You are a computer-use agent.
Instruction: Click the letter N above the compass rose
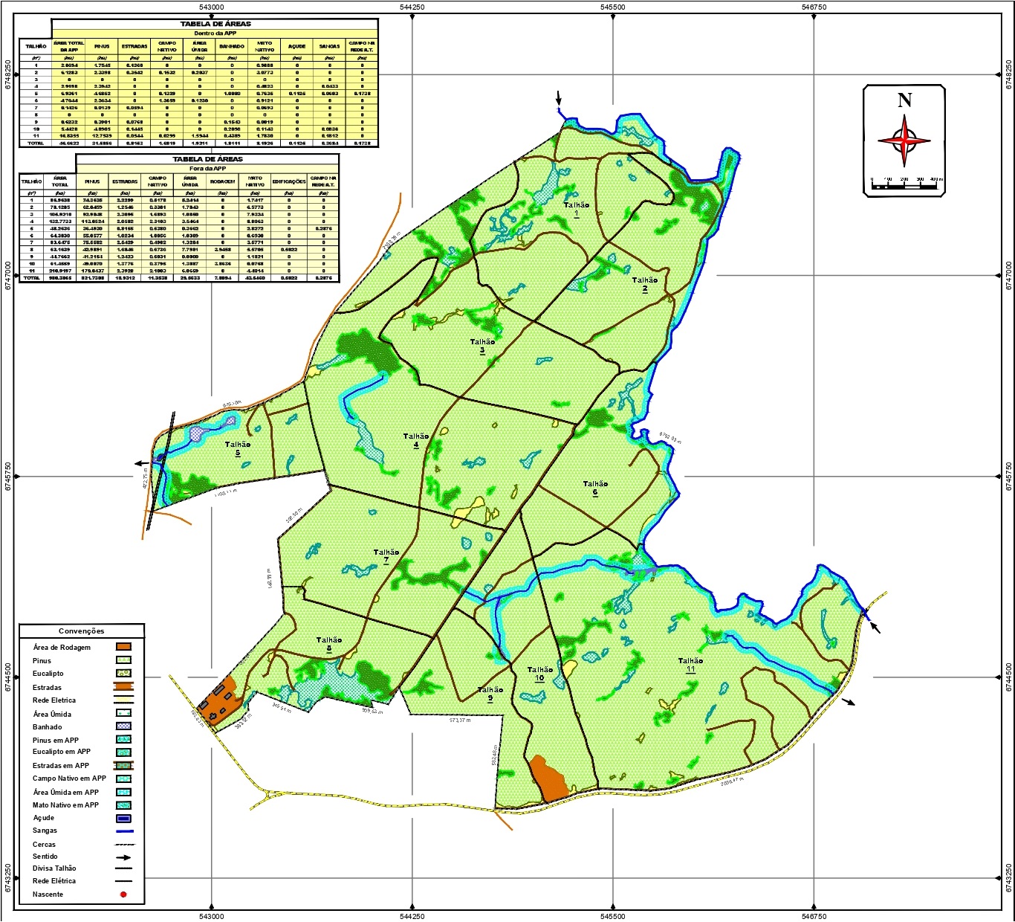click(x=904, y=100)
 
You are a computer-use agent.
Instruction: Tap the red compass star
click(x=904, y=140)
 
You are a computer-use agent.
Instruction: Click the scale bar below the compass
click(x=904, y=186)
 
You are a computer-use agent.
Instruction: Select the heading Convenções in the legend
click(x=82, y=631)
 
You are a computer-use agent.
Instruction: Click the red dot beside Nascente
click(x=123, y=894)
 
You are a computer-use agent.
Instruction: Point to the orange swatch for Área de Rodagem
click(x=123, y=648)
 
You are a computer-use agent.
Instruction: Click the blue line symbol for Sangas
click(x=123, y=831)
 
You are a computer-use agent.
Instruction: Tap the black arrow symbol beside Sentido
click(x=123, y=857)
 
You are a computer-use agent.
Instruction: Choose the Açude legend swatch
click(x=123, y=819)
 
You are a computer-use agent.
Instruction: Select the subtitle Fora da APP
click(x=207, y=169)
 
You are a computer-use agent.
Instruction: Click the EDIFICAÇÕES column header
click(x=289, y=181)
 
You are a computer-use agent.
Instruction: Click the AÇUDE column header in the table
click(x=296, y=46)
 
